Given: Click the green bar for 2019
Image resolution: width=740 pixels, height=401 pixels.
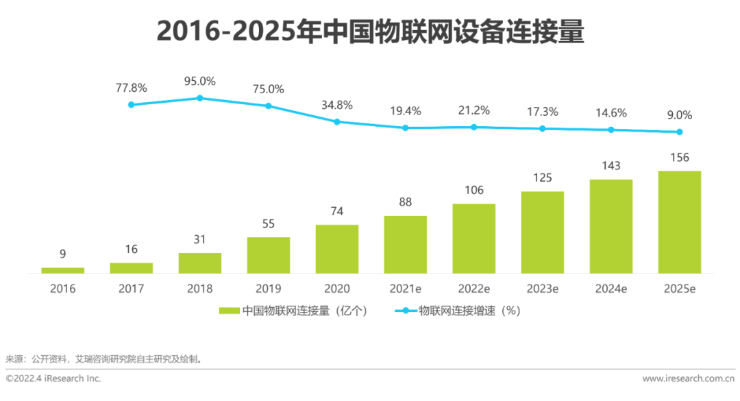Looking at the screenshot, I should (x=268, y=255).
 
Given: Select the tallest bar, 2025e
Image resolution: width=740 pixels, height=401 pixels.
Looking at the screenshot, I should (x=679, y=222).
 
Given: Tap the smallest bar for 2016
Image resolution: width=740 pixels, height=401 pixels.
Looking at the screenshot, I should (x=62, y=270).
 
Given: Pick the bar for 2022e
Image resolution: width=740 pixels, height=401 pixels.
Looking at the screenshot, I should (x=473, y=239).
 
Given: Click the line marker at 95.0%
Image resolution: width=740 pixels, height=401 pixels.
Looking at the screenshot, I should (x=199, y=98).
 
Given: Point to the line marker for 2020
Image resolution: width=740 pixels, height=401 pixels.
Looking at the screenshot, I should (x=336, y=122).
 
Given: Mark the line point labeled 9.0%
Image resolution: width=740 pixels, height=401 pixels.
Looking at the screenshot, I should (x=679, y=132).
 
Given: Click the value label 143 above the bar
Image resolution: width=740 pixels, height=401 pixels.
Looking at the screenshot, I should (x=610, y=166).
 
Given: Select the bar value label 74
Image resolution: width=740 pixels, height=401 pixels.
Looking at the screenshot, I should (x=336, y=211).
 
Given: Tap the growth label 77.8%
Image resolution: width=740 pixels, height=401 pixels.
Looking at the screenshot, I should (x=131, y=88).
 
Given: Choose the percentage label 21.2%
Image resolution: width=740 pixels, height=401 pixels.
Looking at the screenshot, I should (x=473, y=110).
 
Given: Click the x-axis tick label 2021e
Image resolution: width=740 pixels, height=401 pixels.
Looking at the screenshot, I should (x=405, y=289).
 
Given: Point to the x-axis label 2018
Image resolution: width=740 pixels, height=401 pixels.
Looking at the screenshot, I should (x=199, y=289).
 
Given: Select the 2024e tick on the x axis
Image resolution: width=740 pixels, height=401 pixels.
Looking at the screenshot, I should (x=610, y=289).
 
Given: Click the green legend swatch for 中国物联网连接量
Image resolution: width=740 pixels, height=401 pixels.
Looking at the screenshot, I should (x=229, y=311).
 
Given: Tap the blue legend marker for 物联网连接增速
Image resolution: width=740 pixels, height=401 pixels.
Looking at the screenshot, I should (x=404, y=311).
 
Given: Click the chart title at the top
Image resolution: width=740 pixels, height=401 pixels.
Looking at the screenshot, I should (x=370, y=32).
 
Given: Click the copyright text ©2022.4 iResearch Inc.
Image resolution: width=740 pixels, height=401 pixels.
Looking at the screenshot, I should (x=53, y=378).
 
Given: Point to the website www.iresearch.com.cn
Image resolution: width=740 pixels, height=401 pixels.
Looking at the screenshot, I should (x=688, y=378).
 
